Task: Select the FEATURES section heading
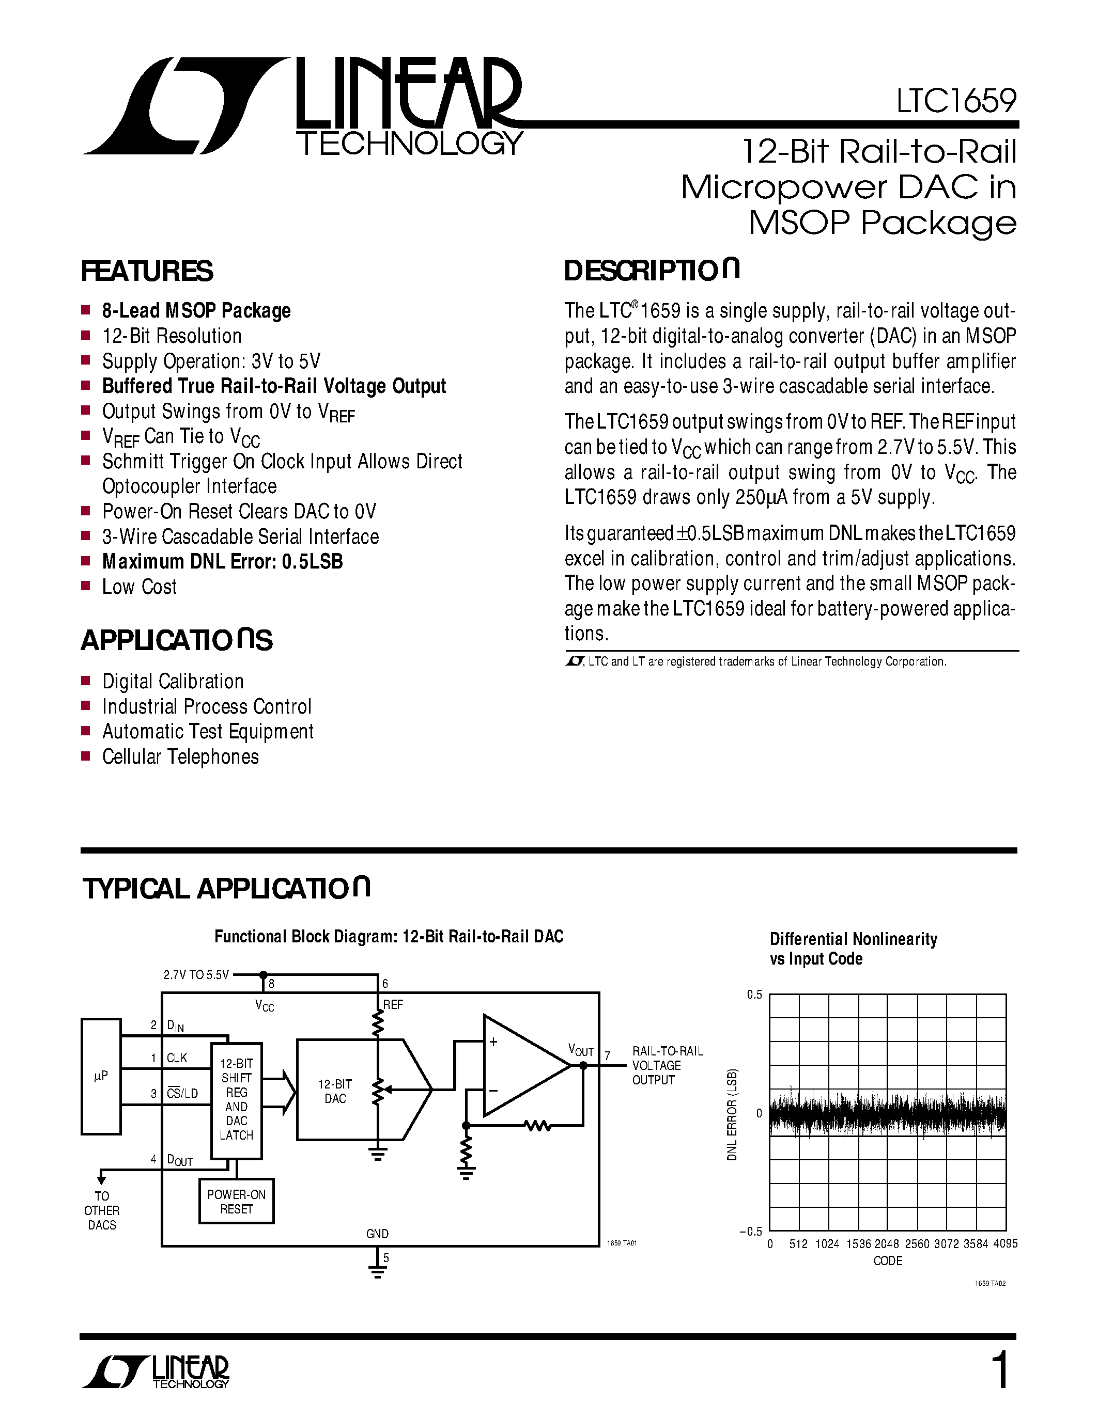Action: (x=147, y=271)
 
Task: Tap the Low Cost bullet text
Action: (x=139, y=587)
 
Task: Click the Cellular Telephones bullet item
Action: (x=180, y=757)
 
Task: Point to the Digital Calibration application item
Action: (x=173, y=682)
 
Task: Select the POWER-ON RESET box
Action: (x=236, y=1202)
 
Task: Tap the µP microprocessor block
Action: (x=101, y=1076)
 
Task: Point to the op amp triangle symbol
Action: (x=520, y=1066)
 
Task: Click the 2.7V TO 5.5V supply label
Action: (x=196, y=974)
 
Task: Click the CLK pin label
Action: (x=176, y=1058)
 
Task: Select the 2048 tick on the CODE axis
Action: (x=887, y=1244)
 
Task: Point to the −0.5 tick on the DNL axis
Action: (x=751, y=1232)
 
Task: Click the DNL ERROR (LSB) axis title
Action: (x=733, y=1114)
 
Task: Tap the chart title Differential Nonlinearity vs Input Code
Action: (x=853, y=949)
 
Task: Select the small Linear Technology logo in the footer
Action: (x=156, y=1372)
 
